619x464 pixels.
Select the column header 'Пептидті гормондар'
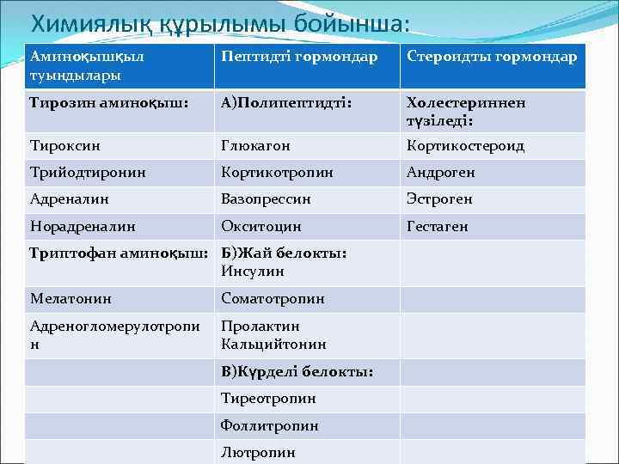(299, 57)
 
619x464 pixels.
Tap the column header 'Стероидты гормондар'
(493, 57)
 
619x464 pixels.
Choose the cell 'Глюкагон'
(255, 146)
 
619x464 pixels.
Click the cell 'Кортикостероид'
(465, 146)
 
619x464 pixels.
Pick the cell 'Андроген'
(440, 173)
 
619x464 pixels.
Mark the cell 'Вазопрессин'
(266, 199)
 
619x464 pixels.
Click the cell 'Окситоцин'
(261, 227)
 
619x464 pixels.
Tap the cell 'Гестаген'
(438, 227)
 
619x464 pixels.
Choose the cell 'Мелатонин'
(71, 299)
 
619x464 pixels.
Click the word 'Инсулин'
(253, 272)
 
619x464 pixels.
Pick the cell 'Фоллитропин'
(270, 425)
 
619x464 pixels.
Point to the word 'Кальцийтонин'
(273, 344)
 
